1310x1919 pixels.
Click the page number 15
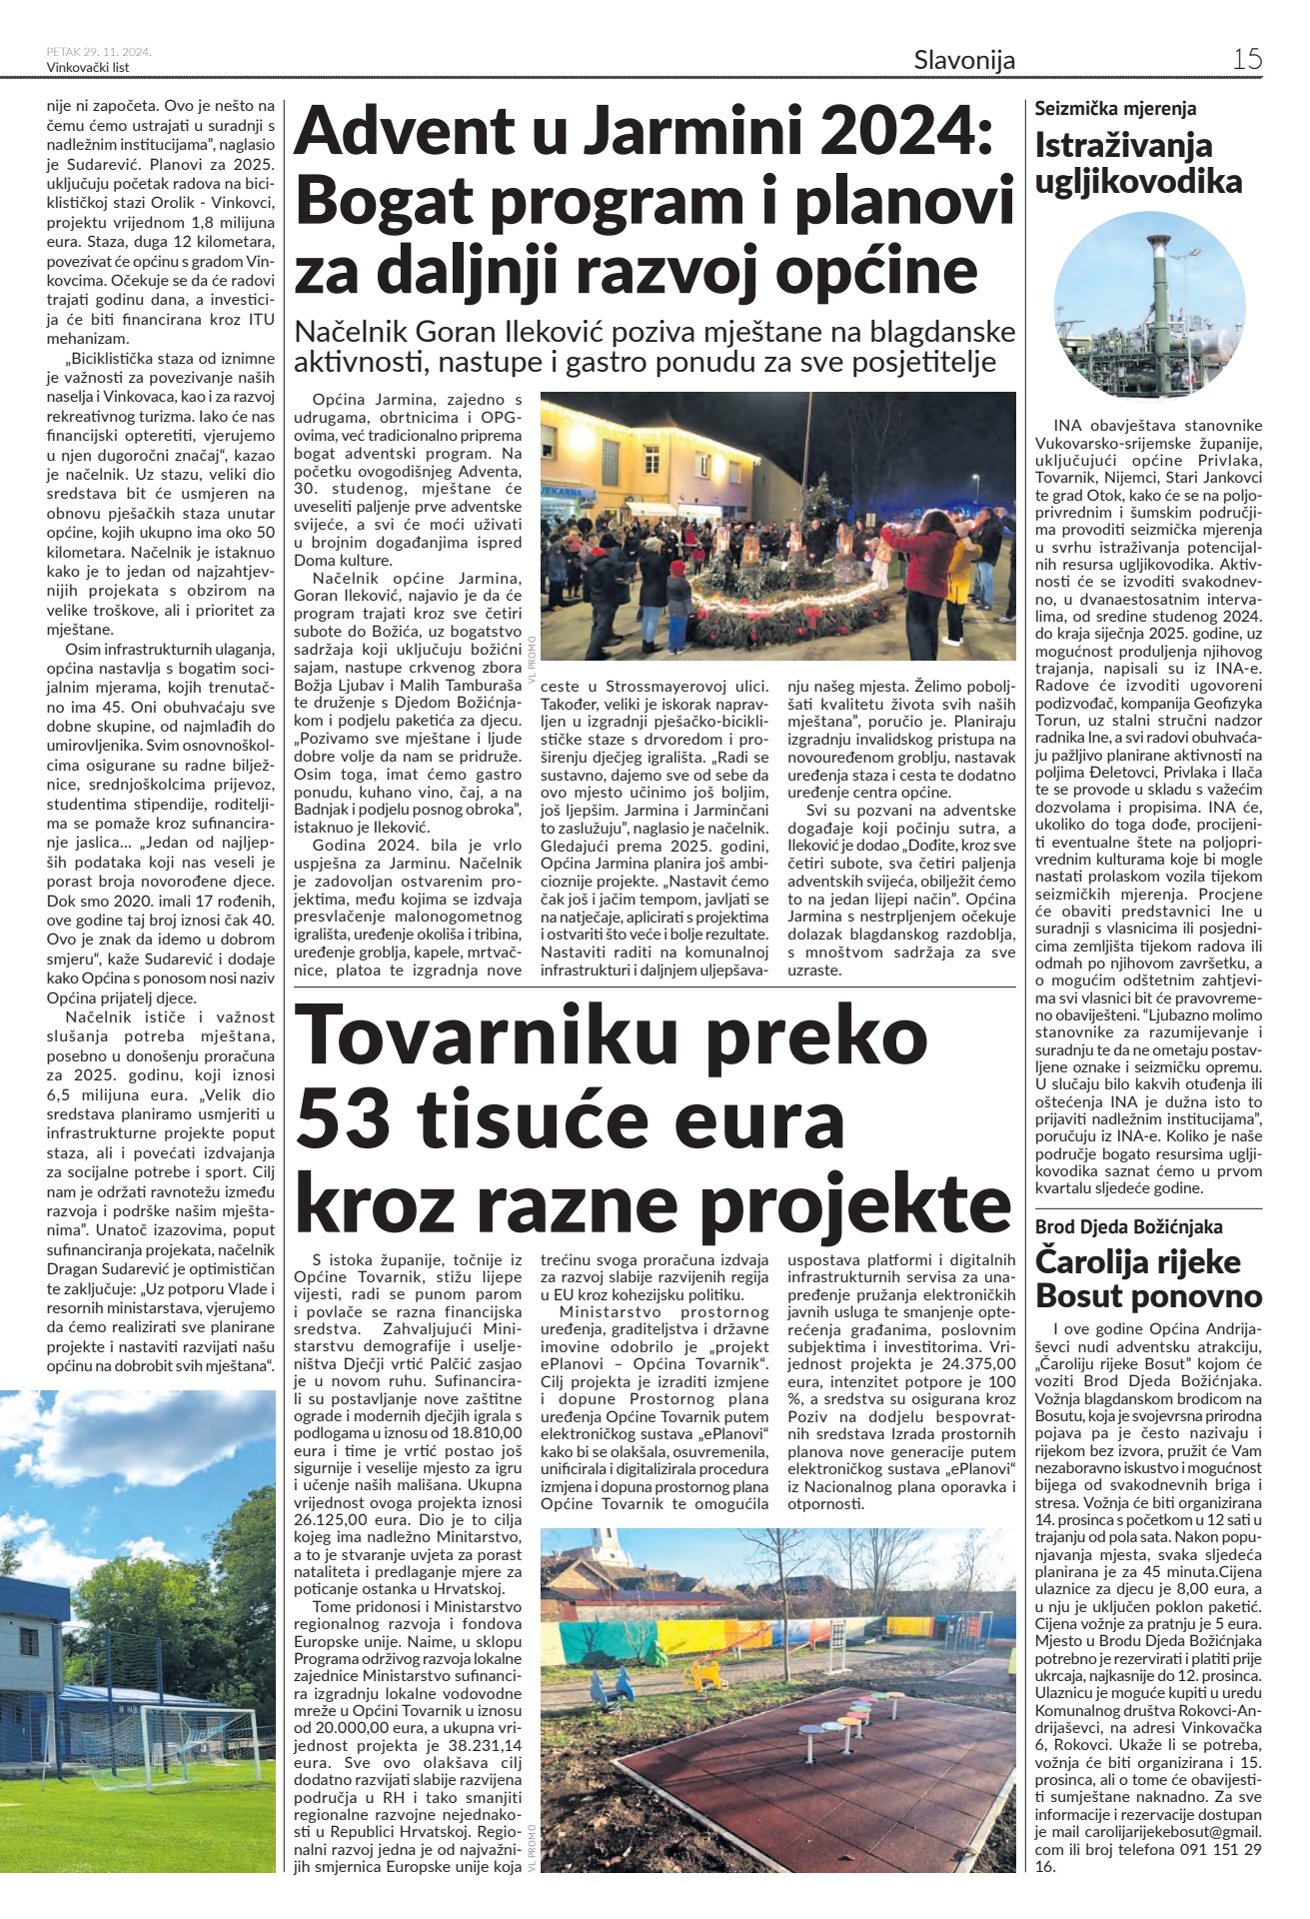point(1247,59)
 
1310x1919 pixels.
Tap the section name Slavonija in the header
point(963,60)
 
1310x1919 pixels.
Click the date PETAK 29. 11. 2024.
point(98,52)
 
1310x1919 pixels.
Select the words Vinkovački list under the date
point(88,68)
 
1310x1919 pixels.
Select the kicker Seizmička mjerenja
point(1115,109)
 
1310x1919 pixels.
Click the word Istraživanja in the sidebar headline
point(1123,146)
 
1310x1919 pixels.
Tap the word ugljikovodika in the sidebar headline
point(1138,182)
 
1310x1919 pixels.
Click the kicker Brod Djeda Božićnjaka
point(1128,1226)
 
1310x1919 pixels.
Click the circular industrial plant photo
point(1148,306)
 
